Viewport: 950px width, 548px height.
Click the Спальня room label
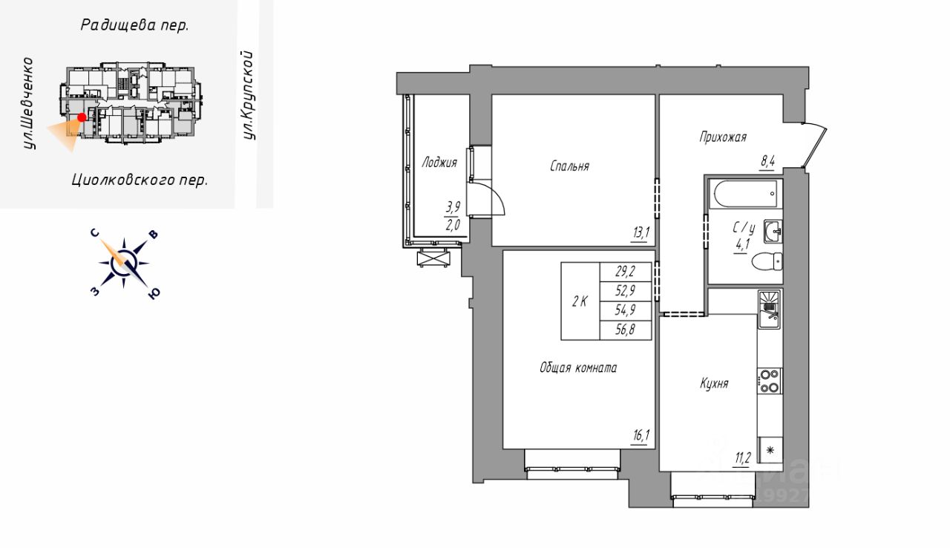(x=569, y=166)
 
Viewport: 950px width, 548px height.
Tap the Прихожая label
(x=722, y=137)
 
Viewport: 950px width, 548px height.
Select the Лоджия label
(x=439, y=162)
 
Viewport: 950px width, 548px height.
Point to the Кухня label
(x=714, y=384)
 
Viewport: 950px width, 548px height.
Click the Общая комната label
(x=578, y=368)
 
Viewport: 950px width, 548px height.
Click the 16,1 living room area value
(x=641, y=437)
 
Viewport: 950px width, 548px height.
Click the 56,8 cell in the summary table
(x=625, y=330)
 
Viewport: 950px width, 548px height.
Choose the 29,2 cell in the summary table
(x=625, y=272)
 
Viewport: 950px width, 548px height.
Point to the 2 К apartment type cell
(x=580, y=301)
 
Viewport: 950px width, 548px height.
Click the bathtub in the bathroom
(x=744, y=193)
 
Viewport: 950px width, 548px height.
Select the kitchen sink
(x=769, y=308)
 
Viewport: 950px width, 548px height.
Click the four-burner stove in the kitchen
(x=770, y=381)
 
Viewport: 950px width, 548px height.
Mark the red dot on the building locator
(x=82, y=117)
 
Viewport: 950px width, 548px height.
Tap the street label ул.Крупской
(x=249, y=95)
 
